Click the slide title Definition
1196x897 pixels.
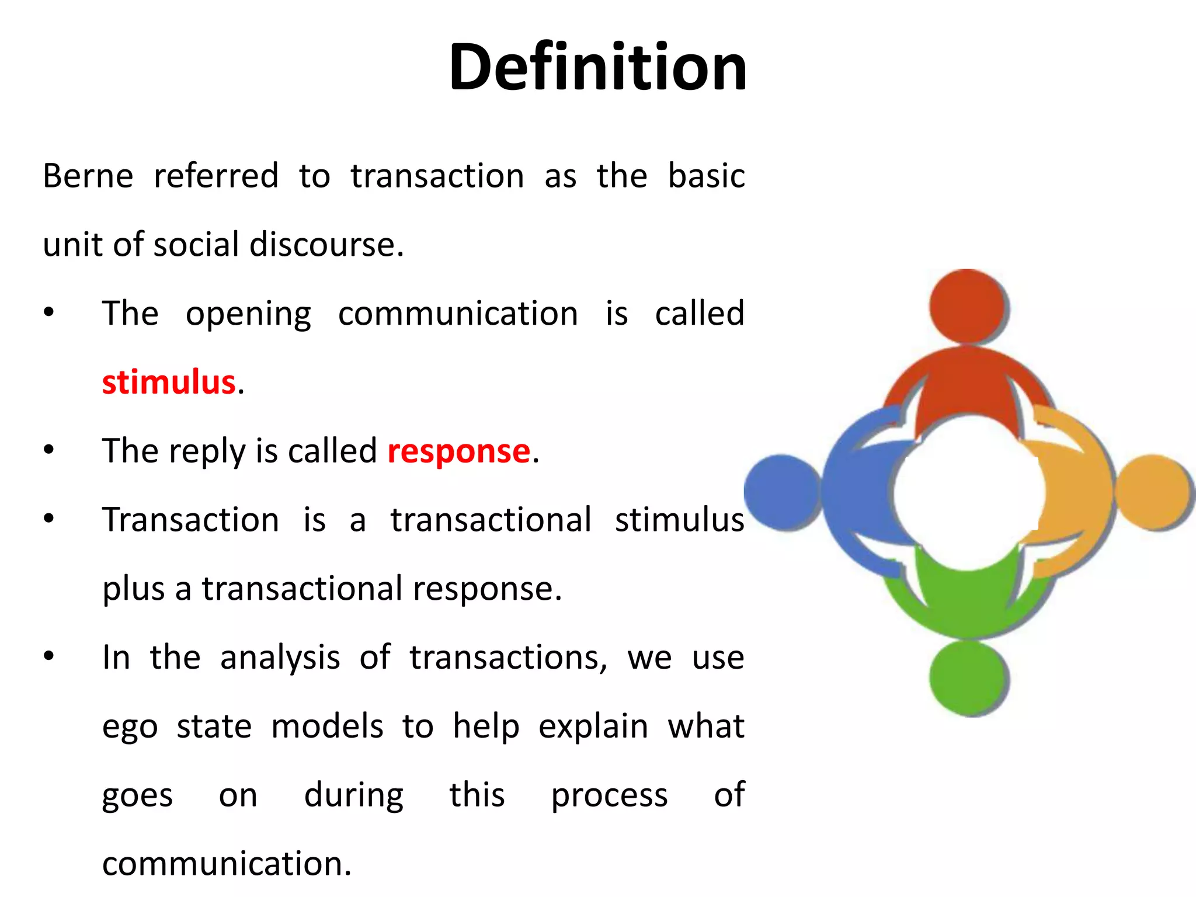pos(597,67)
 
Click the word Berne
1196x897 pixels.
pos(88,176)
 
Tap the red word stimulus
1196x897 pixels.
pos(168,383)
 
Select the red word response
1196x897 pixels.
pos(458,451)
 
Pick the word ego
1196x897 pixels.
pos(130,728)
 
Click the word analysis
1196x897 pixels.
pos(280,658)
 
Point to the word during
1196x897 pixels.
pos(353,795)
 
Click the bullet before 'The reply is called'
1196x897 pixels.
pos(48,450)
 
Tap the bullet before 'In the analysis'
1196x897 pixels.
pos(48,656)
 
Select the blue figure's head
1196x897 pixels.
pos(782,492)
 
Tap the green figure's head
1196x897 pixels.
pos(967,677)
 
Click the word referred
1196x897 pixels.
pos(216,176)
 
